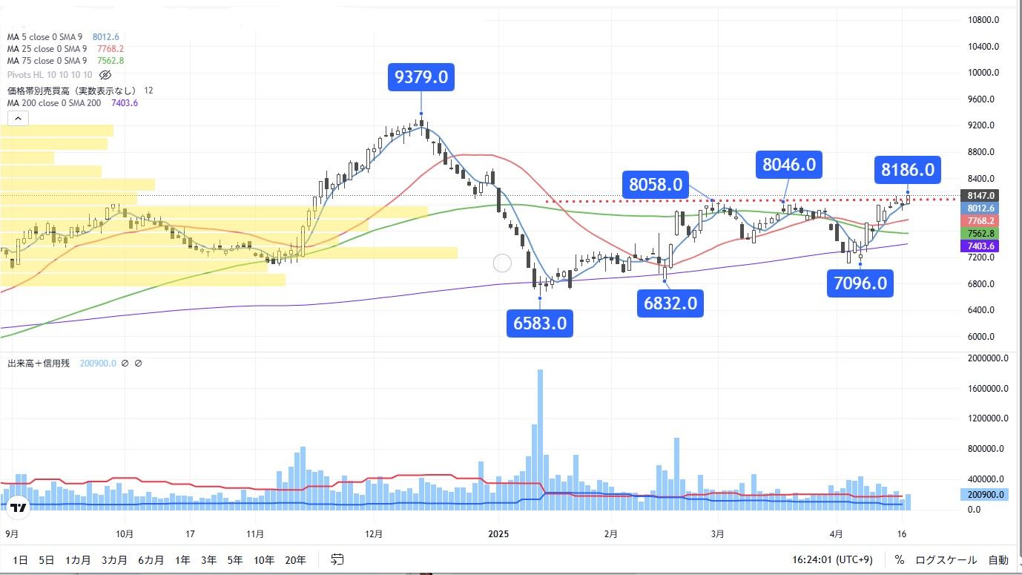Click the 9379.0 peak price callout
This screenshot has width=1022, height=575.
pos(421,77)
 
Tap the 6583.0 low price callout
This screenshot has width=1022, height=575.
pos(539,323)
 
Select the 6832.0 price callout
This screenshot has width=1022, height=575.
pos(669,303)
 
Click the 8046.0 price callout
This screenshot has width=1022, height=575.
pos(789,164)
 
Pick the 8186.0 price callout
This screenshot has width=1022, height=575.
pos(907,170)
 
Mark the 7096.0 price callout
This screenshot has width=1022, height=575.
pos(860,283)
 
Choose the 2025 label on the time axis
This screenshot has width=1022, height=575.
pos(498,533)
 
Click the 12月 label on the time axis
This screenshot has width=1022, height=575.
pos(374,533)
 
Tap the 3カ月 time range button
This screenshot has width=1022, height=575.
pos(114,560)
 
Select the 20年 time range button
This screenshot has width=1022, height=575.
pos(295,560)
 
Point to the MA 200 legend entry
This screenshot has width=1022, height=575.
pos(54,103)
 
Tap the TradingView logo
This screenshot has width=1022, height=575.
pos(19,507)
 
